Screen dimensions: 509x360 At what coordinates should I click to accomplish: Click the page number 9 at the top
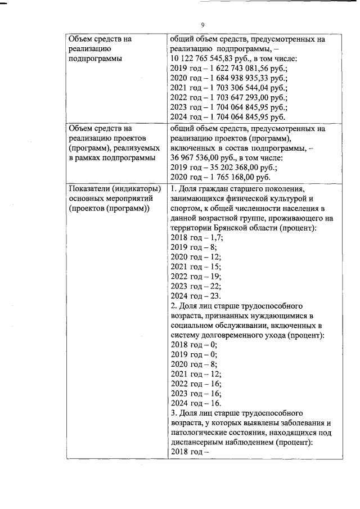coord(202,25)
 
